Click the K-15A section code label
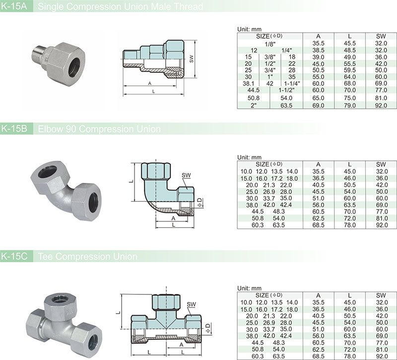click(14, 6)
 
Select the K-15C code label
click(14, 256)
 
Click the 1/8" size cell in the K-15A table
click(270, 44)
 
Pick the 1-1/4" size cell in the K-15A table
click(292, 83)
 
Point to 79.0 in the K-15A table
click(350, 105)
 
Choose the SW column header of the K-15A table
click(381, 36)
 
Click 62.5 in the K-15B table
click(318, 218)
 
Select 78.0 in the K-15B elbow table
click(350, 225)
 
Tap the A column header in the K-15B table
click(318, 164)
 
